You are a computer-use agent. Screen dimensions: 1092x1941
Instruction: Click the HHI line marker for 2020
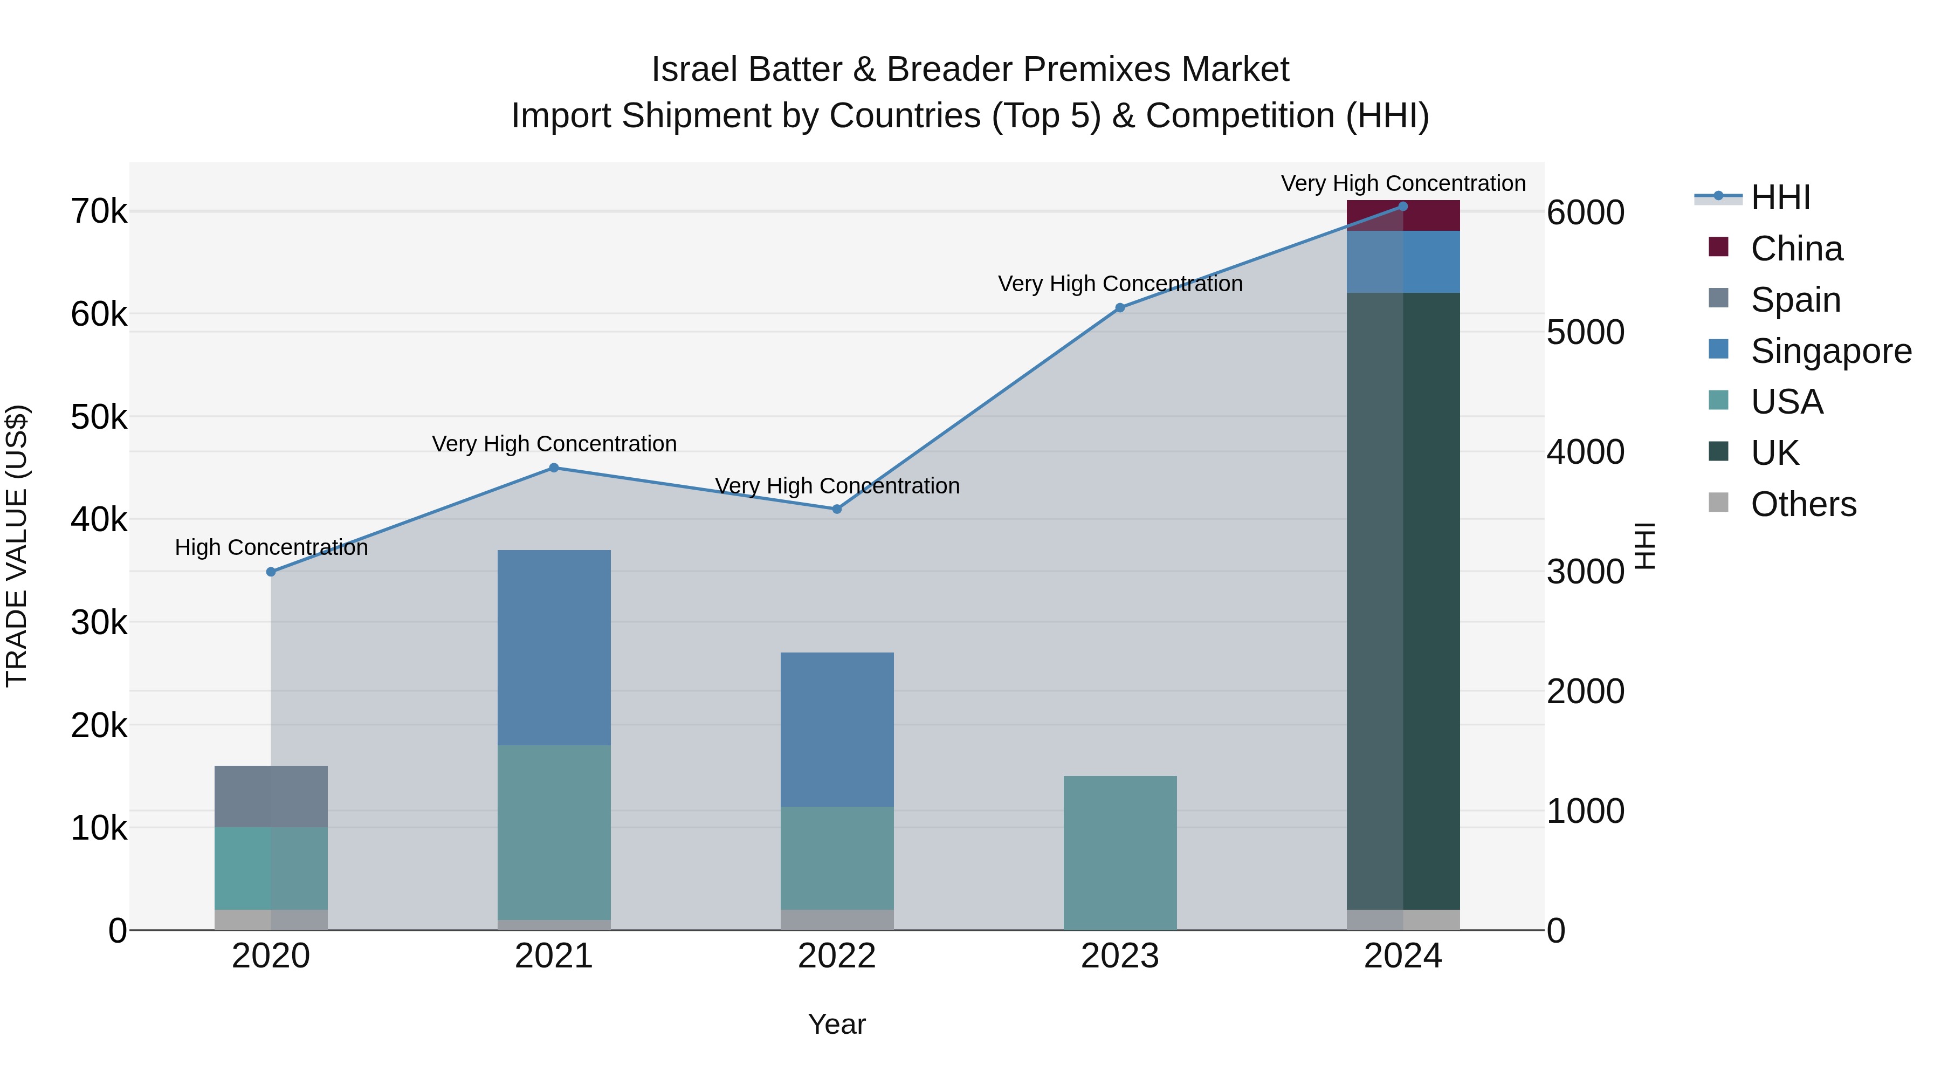point(271,572)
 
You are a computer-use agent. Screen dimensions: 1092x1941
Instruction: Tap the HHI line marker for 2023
point(1120,307)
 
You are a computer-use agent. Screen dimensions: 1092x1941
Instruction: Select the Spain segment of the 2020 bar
point(271,796)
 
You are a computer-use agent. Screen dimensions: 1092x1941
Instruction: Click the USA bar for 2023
point(1120,853)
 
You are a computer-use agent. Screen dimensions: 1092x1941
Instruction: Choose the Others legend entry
point(1802,504)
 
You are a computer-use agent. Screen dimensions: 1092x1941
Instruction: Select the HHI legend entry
point(1780,197)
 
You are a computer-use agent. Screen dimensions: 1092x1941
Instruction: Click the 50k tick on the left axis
point(99,417)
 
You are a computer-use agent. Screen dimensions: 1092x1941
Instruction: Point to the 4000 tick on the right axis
point(1585,452)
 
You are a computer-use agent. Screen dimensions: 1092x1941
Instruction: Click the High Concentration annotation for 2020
point(271,547)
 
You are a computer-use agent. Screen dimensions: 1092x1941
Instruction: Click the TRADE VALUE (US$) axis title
point(17,546)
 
